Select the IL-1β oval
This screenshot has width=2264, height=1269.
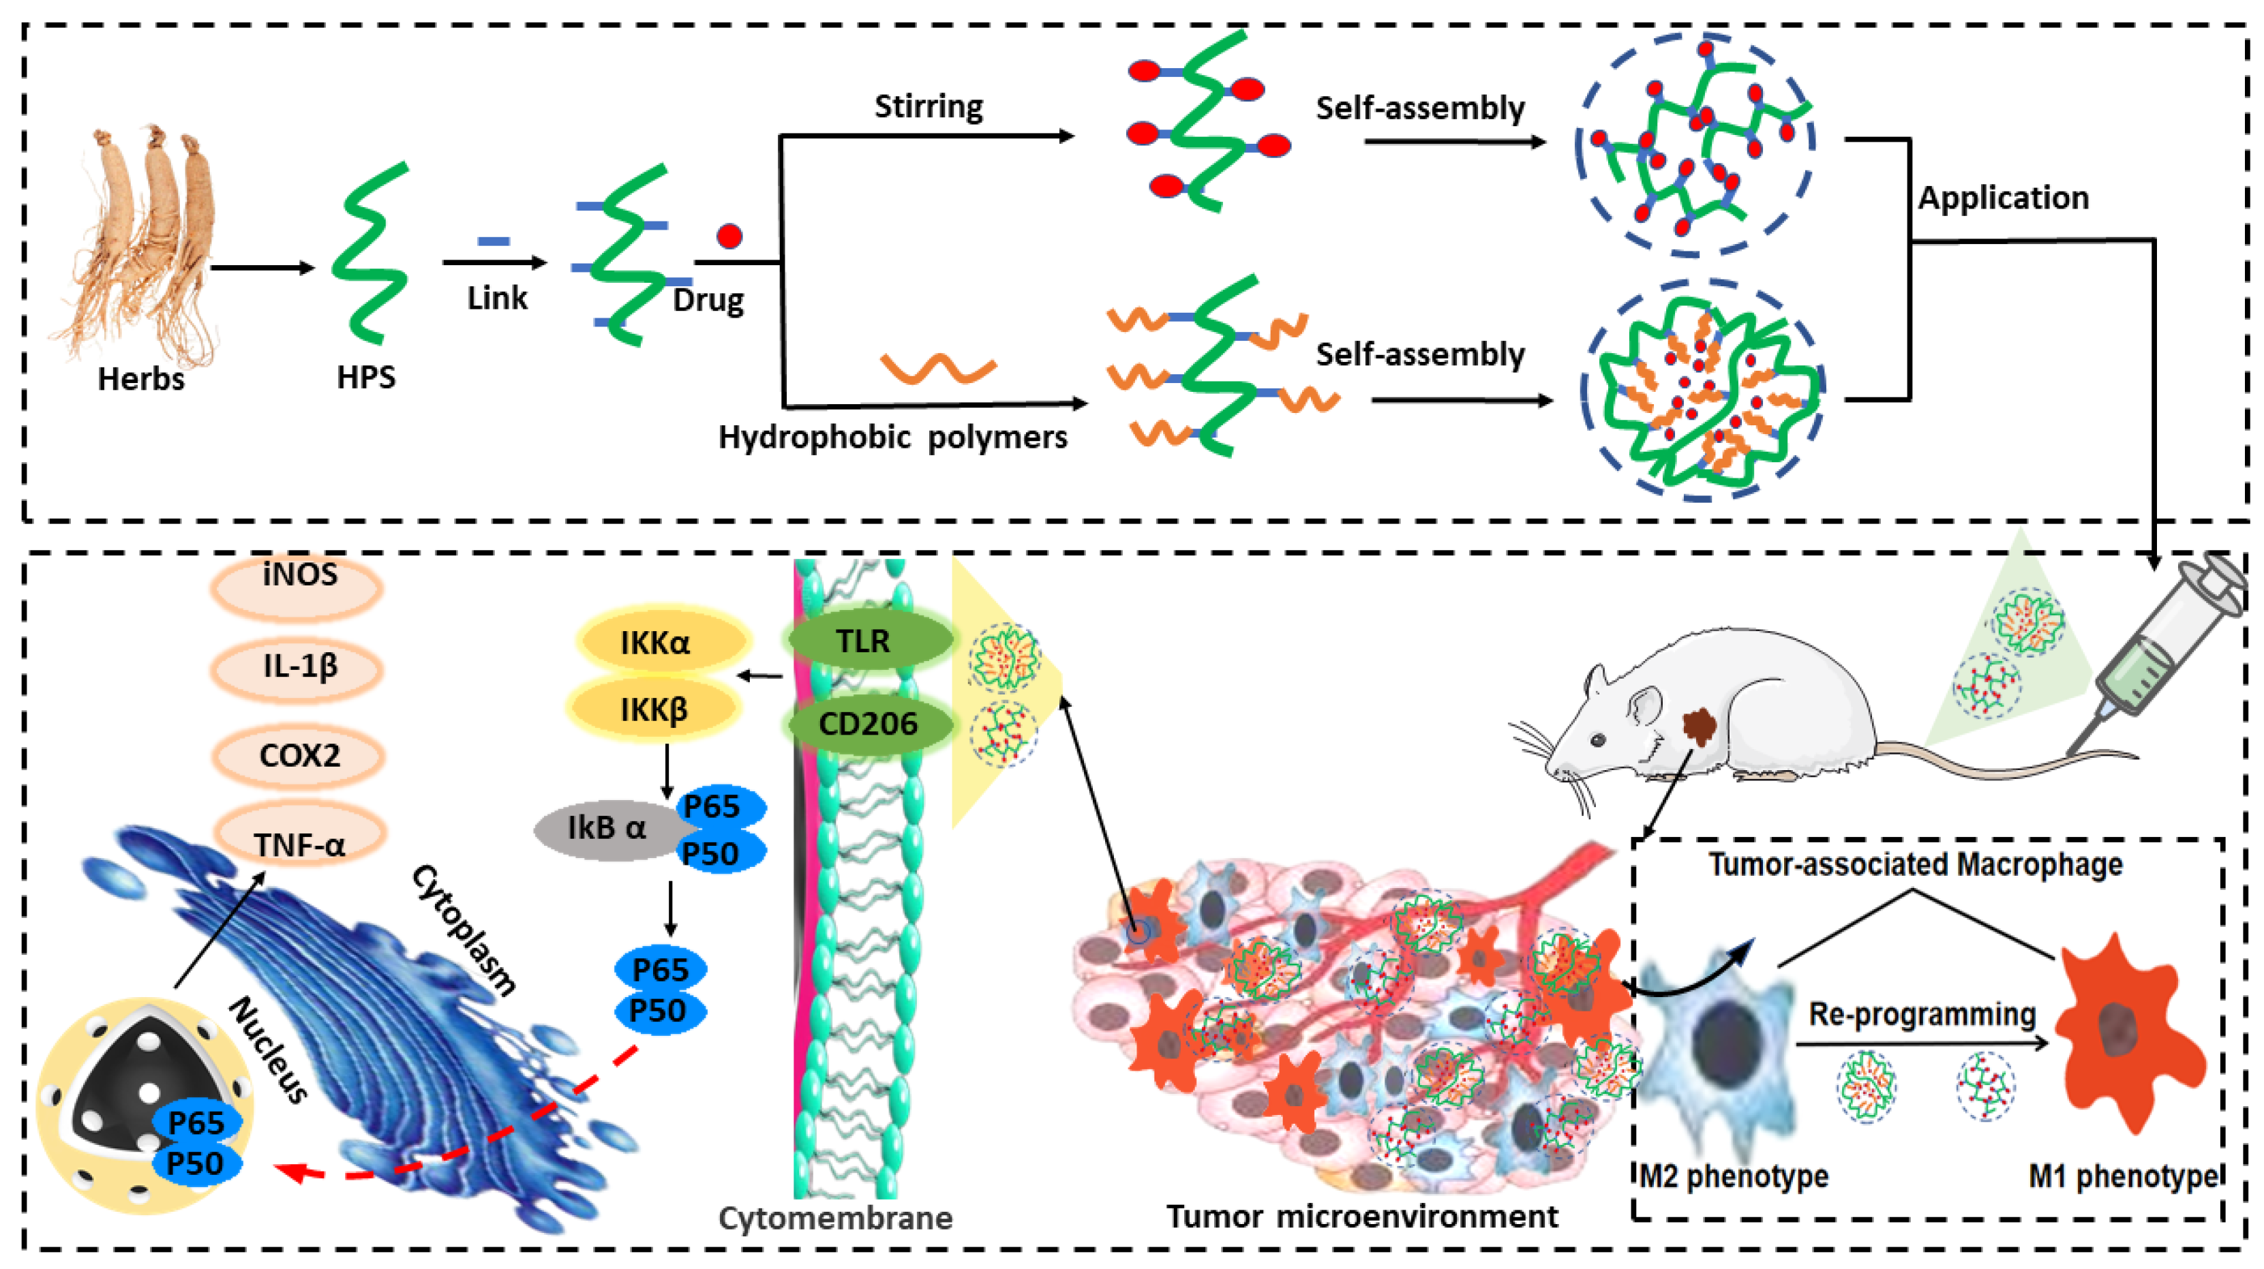coord(299,668)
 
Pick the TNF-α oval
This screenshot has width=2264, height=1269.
coord(299,839)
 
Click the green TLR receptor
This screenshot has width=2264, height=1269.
coord(866,641)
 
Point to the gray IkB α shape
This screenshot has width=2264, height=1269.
coord(602,828)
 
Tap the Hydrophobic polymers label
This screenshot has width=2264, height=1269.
coord(892,437)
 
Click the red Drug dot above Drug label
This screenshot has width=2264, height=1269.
coord(729,236)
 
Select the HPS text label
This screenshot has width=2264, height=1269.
coord(365,377)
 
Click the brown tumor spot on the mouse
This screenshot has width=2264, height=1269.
coord(1699,726)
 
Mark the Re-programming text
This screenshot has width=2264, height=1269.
coord(1921,1014)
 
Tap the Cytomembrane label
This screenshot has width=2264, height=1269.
coord(835,1218)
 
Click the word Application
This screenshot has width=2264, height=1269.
coord(2002,198)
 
